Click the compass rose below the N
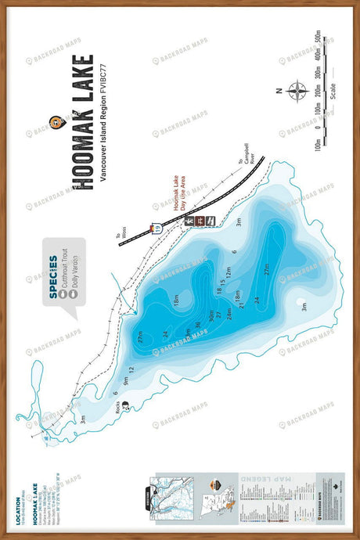click(x=297, y=92)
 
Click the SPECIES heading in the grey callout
click(x=52, y=273)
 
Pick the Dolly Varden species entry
click(x=75, y=276)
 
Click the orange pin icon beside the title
click(x=55, y=122)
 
